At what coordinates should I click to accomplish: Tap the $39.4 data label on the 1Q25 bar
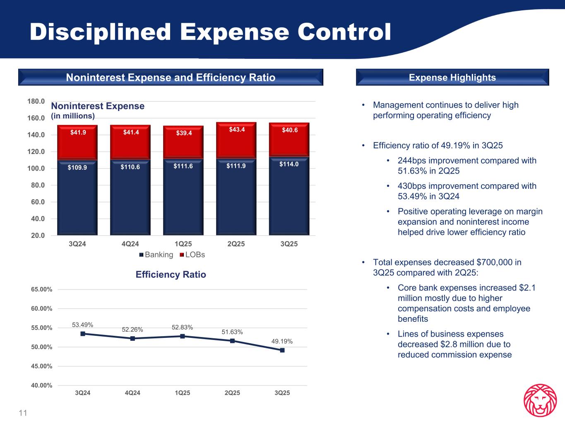pyautogui.click(x=183, y=133)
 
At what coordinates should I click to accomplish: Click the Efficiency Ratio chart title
pyautogui.click(x=171, y=275)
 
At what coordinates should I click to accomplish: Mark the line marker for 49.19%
pyautogui.click(x=282, y=350)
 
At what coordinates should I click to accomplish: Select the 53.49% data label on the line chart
pyautogui.click(x=83, y=325)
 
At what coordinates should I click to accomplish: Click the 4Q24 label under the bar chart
pyautogui.click(x=130, y=244)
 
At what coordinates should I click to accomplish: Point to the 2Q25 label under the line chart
pyautogui.click(x=232, y=393)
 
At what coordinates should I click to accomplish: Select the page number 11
pyautogui.click(x=23, y=413)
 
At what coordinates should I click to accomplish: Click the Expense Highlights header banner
pyautogui.click(x=452, y=77)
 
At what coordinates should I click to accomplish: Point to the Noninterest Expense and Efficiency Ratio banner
pyautogui.click(x=171, y=77)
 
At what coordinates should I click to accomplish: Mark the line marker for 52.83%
pyautogui.click(x=183, y=336)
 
